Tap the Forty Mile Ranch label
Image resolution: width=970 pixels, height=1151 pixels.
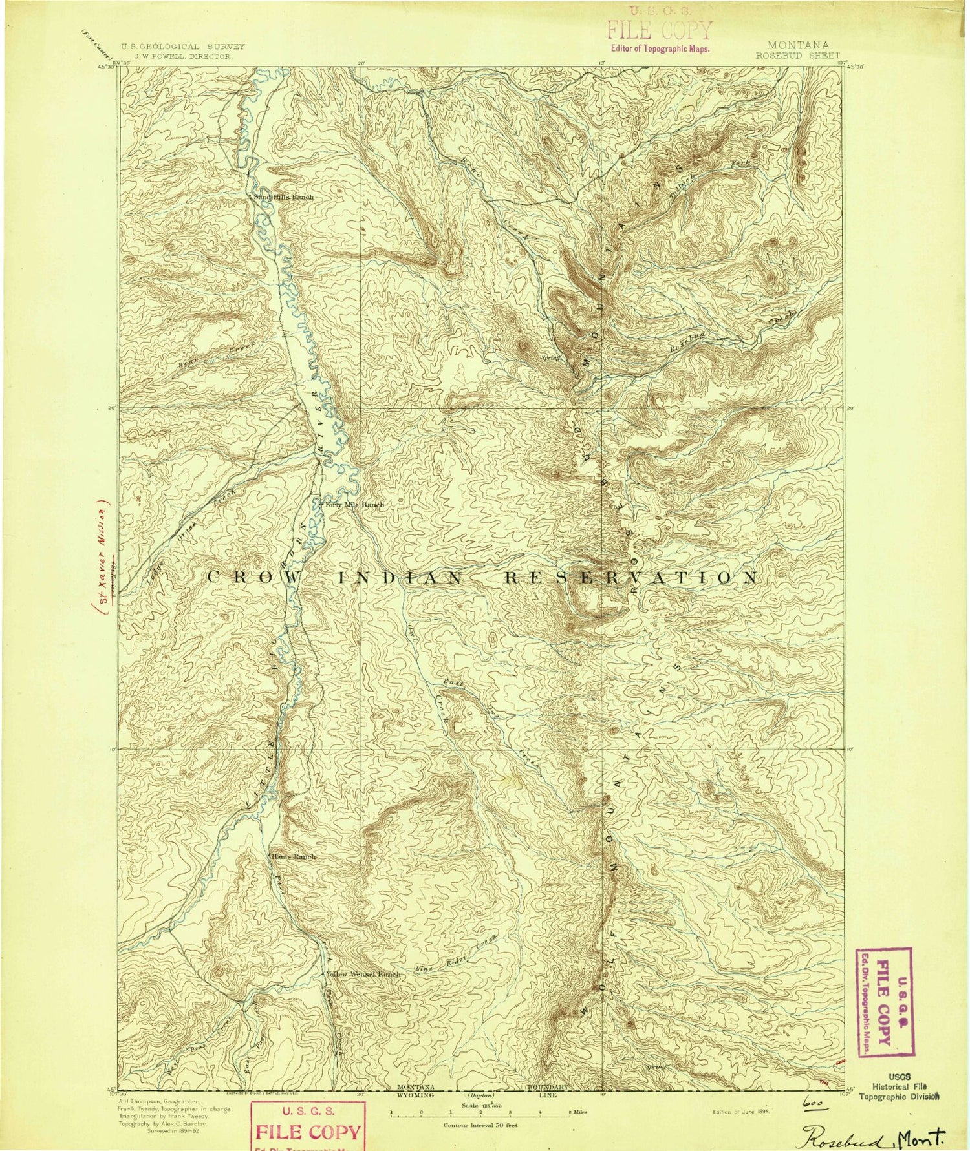(354, 505)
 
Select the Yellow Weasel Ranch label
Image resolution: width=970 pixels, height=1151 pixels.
(363, 974)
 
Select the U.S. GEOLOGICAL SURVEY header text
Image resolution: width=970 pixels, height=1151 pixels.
(183, 47)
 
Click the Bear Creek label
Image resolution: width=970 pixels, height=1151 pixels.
(206, 357)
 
